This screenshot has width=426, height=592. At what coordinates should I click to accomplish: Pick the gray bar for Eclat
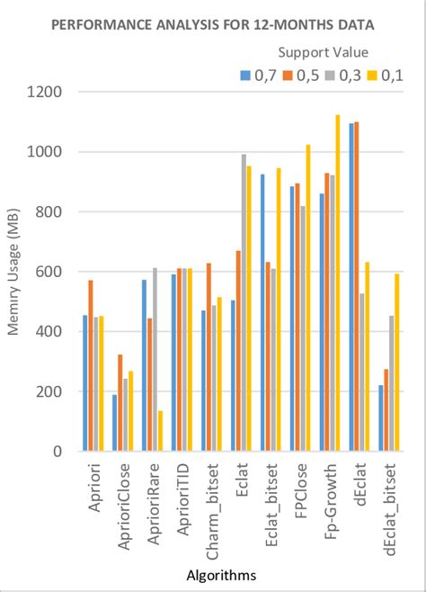pyautogui.click(x=243, y=302)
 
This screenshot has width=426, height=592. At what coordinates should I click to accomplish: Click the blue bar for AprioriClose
pyautogui.click(x=114, y=423)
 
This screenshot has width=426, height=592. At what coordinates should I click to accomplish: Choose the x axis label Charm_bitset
pyautogui.click(x=214, y=499)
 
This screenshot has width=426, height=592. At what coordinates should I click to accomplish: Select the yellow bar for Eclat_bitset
pyautogui.click(x=279, y=309)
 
